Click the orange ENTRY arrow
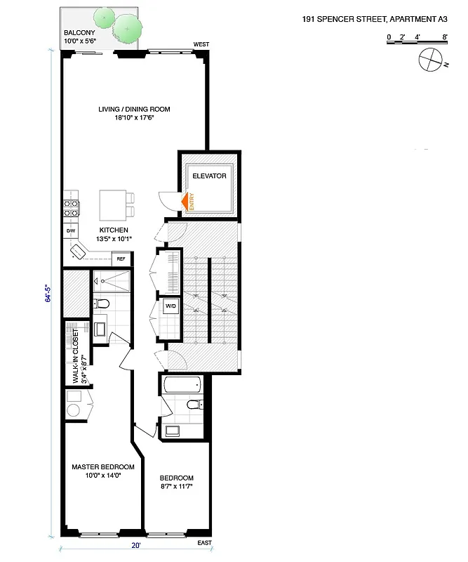pos(186,202)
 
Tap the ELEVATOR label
pos(209,176)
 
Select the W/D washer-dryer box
pos(171,306)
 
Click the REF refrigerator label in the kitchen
pos(121,259)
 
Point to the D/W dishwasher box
pos(71,230)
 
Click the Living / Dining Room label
pos(133,109)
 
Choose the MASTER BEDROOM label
pos(102,466)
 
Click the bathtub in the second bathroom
pos(182,385)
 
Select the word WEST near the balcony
pos(201,45)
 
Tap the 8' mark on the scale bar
pos(445,36)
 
